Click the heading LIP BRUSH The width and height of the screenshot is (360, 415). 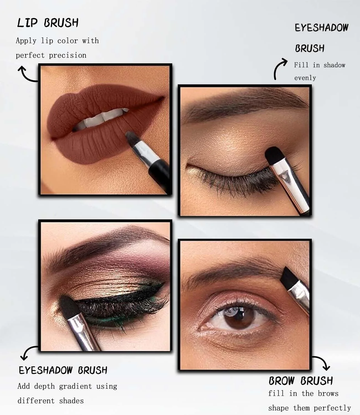pos(48,23)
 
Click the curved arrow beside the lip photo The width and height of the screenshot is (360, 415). pos(27,74)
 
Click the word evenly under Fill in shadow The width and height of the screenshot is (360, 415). pos(305,78)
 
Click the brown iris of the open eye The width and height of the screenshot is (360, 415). pos(238,318)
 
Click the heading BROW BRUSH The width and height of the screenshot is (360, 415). pos(300,381)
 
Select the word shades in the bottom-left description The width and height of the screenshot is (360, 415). pos(71,401)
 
